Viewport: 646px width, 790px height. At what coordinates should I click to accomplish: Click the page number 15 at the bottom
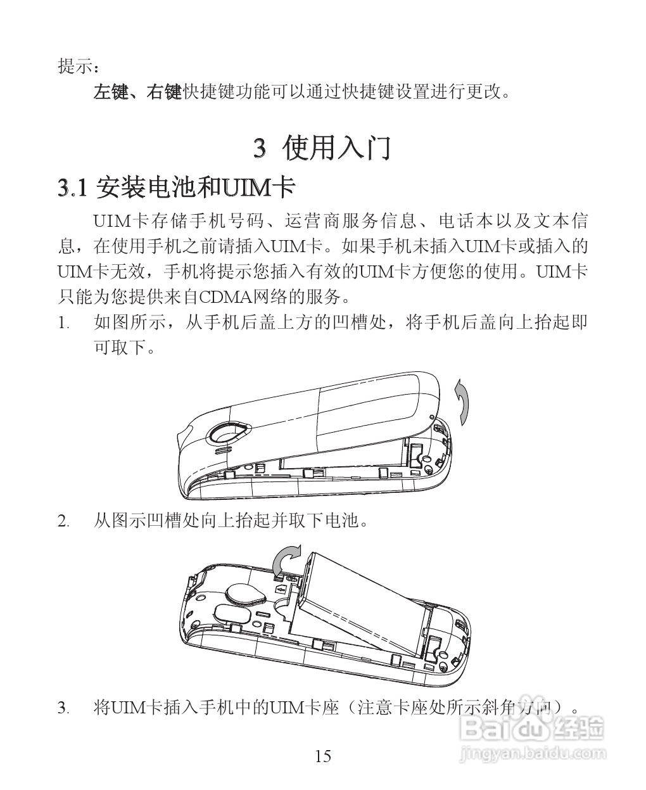[322, 756]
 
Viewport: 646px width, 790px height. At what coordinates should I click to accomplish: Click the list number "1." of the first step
[63, 322]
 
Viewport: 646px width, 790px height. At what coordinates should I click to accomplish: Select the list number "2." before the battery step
[63, 521]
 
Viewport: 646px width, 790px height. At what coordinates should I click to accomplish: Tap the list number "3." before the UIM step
[63, 707]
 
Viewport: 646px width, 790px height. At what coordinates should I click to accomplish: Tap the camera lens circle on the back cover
[227, 433]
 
